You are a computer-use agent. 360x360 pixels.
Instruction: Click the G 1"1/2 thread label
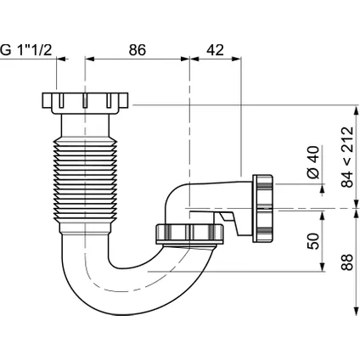(x=26, y=50)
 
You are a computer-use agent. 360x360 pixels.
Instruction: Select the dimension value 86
(x=138, y=50)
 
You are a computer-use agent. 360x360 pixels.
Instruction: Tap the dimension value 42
(x=215, y=50)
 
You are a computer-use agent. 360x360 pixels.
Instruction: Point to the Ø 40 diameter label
(x=313, y=162)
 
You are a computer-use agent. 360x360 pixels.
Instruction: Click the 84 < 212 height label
(x=347, y=157)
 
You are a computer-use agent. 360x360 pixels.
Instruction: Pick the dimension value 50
(x=313, y=241)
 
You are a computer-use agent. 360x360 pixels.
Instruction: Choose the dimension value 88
(x=347, y=262)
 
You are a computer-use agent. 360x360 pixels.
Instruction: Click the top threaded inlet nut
(x=85, y=103)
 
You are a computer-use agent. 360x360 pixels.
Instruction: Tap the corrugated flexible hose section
(x=85, y=179)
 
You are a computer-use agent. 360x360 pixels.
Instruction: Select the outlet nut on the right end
(x=263, y=209)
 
